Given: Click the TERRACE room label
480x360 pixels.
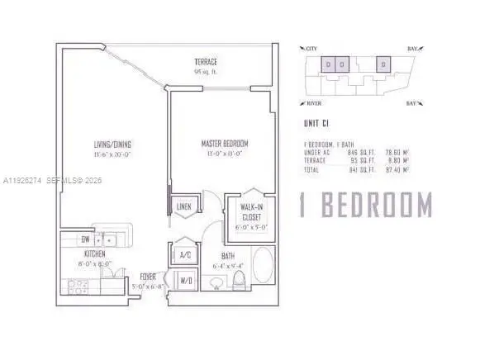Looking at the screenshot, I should click(x=206, y=63).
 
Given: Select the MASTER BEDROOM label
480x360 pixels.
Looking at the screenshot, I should click(x=225, y=144).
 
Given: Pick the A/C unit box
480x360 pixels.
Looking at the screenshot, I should click(x=185, y=255).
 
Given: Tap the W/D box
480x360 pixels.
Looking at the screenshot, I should click(x=186, y=281).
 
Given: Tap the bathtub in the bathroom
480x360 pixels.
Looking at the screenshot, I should click(x=264, y=271).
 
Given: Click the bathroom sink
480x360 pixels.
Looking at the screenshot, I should click(x=216, y=286).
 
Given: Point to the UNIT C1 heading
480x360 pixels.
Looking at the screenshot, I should click(x=318, y=126).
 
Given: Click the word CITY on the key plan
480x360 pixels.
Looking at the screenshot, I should click(x=313, y=50).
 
